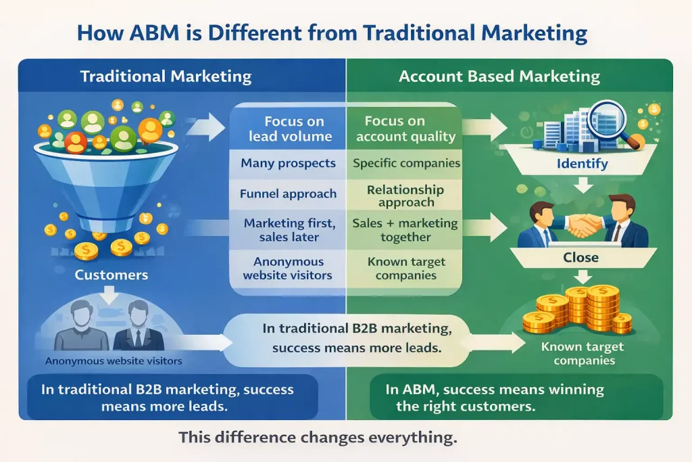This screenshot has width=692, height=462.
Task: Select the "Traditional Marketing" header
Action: click(x=166, y=76)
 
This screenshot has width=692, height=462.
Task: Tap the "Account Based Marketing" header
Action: click(x=499, y=76)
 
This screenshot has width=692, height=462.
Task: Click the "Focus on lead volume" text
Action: click(x=294, y=129)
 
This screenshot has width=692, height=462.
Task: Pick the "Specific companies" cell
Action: click(x=407, y=163)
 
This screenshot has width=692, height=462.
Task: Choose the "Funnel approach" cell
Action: click(x=288, y=193)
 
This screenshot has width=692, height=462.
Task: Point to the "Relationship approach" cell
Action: click(x=405, y=196)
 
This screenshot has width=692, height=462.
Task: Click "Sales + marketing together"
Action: click(x=405, y=230)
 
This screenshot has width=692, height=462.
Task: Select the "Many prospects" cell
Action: click(x=288, y=163)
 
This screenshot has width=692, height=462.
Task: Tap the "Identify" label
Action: click(x=582, y=163)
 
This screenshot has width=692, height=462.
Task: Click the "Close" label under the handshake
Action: click(x=581, y=258)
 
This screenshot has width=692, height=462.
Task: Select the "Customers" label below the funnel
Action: click(x=112, y=275)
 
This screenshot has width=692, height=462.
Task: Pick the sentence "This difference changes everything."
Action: click(x=318, y=438)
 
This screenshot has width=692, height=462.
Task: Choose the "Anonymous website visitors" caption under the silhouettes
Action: click(x=114, y=361)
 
